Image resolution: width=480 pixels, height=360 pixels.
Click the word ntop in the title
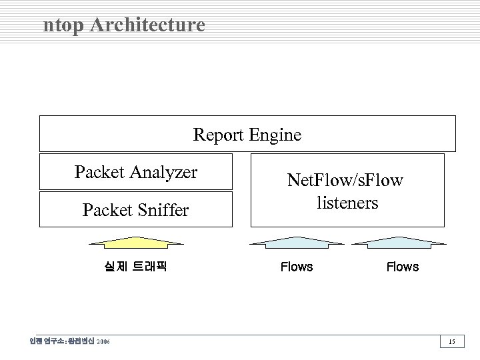63,26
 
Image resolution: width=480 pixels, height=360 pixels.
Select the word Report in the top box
219,135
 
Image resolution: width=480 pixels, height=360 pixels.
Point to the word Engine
275,135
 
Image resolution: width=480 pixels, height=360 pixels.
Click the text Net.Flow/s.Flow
345,180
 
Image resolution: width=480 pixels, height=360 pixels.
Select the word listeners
347,202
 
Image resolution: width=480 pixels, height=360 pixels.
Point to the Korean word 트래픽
149,267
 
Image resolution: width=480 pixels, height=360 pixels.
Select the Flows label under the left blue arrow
297,267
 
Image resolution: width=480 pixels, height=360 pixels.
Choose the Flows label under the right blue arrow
403,267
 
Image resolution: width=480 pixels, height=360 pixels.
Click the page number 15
451,342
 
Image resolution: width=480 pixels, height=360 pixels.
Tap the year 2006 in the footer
103,342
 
